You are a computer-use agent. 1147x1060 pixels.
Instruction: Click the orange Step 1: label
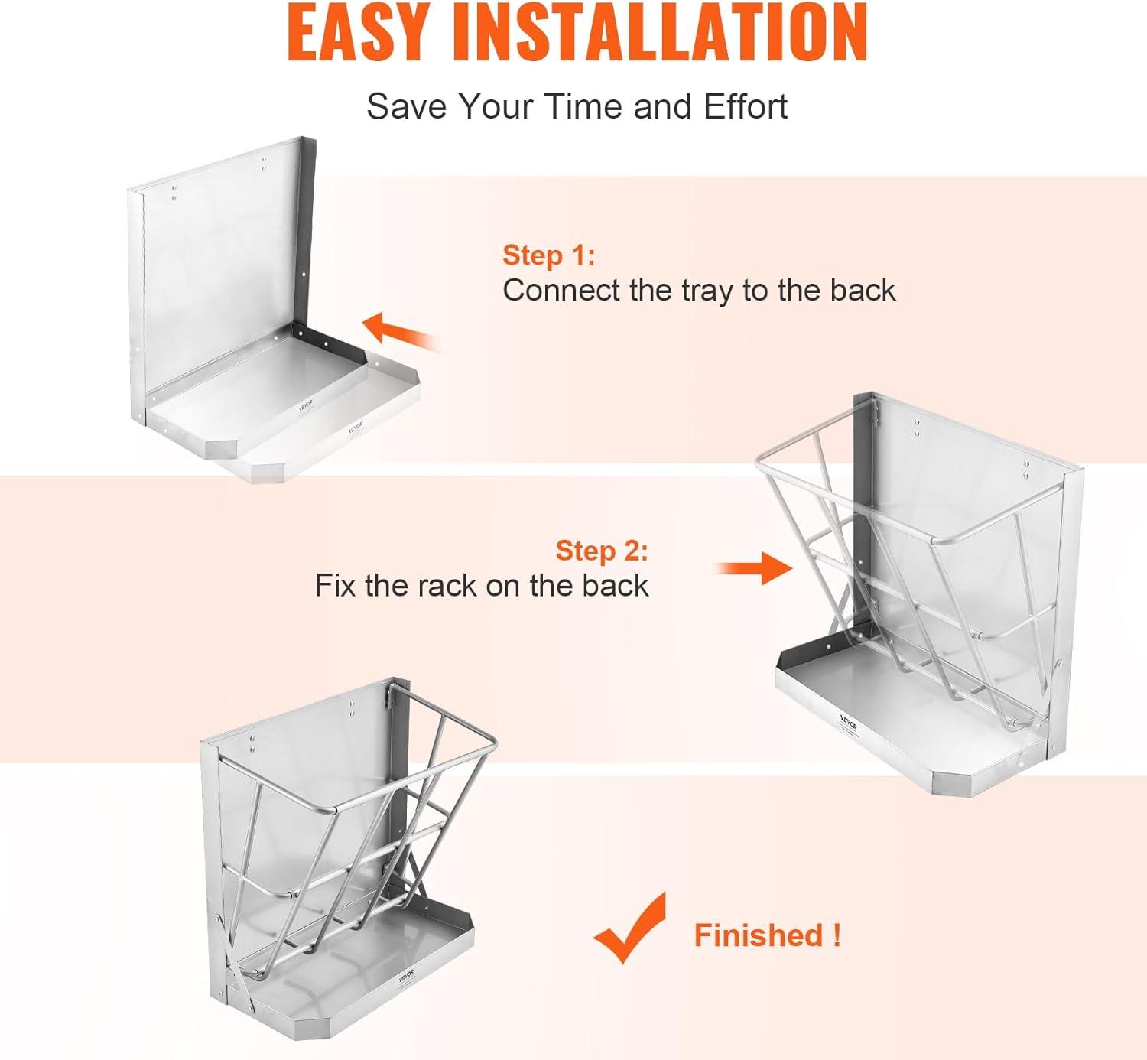(549, 255)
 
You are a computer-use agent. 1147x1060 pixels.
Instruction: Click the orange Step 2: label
(602, 551)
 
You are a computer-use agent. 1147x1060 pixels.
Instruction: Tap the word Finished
(759, 935)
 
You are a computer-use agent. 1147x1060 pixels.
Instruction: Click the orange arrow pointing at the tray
(400, 332)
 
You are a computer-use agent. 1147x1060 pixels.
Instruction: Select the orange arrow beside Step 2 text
(754, 568)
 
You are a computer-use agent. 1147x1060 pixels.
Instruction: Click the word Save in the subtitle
(407, 106)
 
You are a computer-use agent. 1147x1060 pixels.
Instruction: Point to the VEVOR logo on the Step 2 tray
(849, 722)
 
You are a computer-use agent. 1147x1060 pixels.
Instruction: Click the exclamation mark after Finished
(837, 935)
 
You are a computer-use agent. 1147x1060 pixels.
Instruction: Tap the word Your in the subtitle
(496, 106)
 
